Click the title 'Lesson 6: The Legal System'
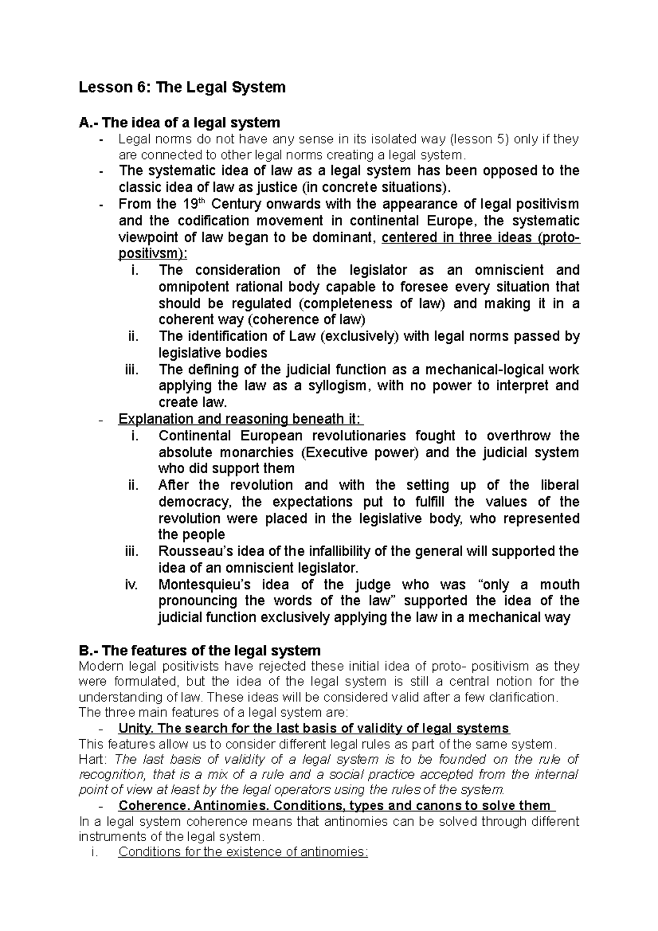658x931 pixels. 183,87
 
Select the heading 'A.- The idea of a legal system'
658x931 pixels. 179,122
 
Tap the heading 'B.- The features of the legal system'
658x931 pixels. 200,651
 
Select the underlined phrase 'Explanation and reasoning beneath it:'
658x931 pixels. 240,419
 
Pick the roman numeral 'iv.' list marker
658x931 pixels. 132,584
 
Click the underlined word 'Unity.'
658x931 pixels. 136,729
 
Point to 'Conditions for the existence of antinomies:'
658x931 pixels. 242,852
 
